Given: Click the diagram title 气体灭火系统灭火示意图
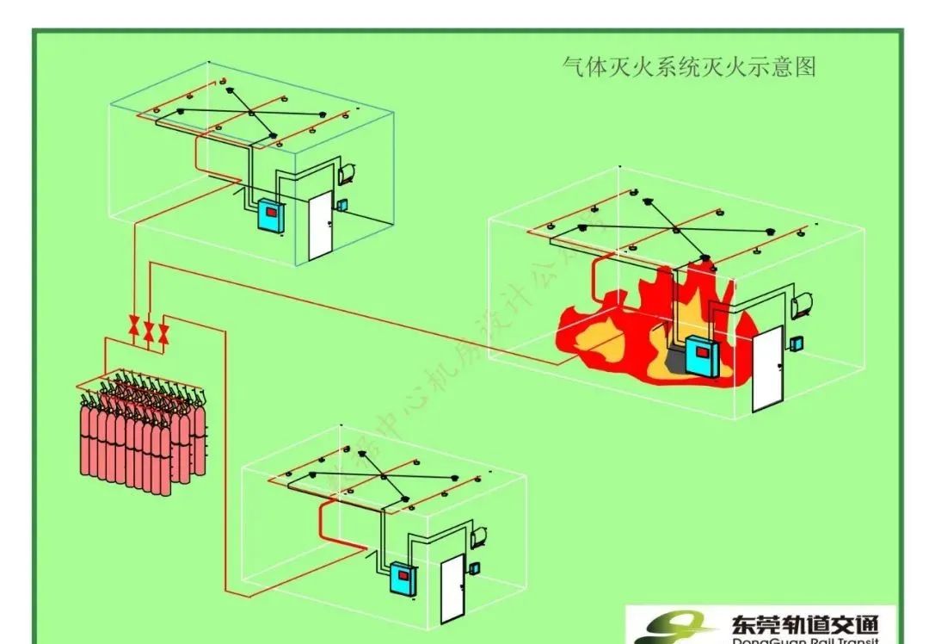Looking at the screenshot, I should click(687, 66).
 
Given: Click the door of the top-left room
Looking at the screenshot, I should click(319, 225).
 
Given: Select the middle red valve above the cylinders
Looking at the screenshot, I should click(149, 331).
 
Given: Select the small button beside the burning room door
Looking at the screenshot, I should click(797, 343).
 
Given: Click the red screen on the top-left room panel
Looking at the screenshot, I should click(270, 210).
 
